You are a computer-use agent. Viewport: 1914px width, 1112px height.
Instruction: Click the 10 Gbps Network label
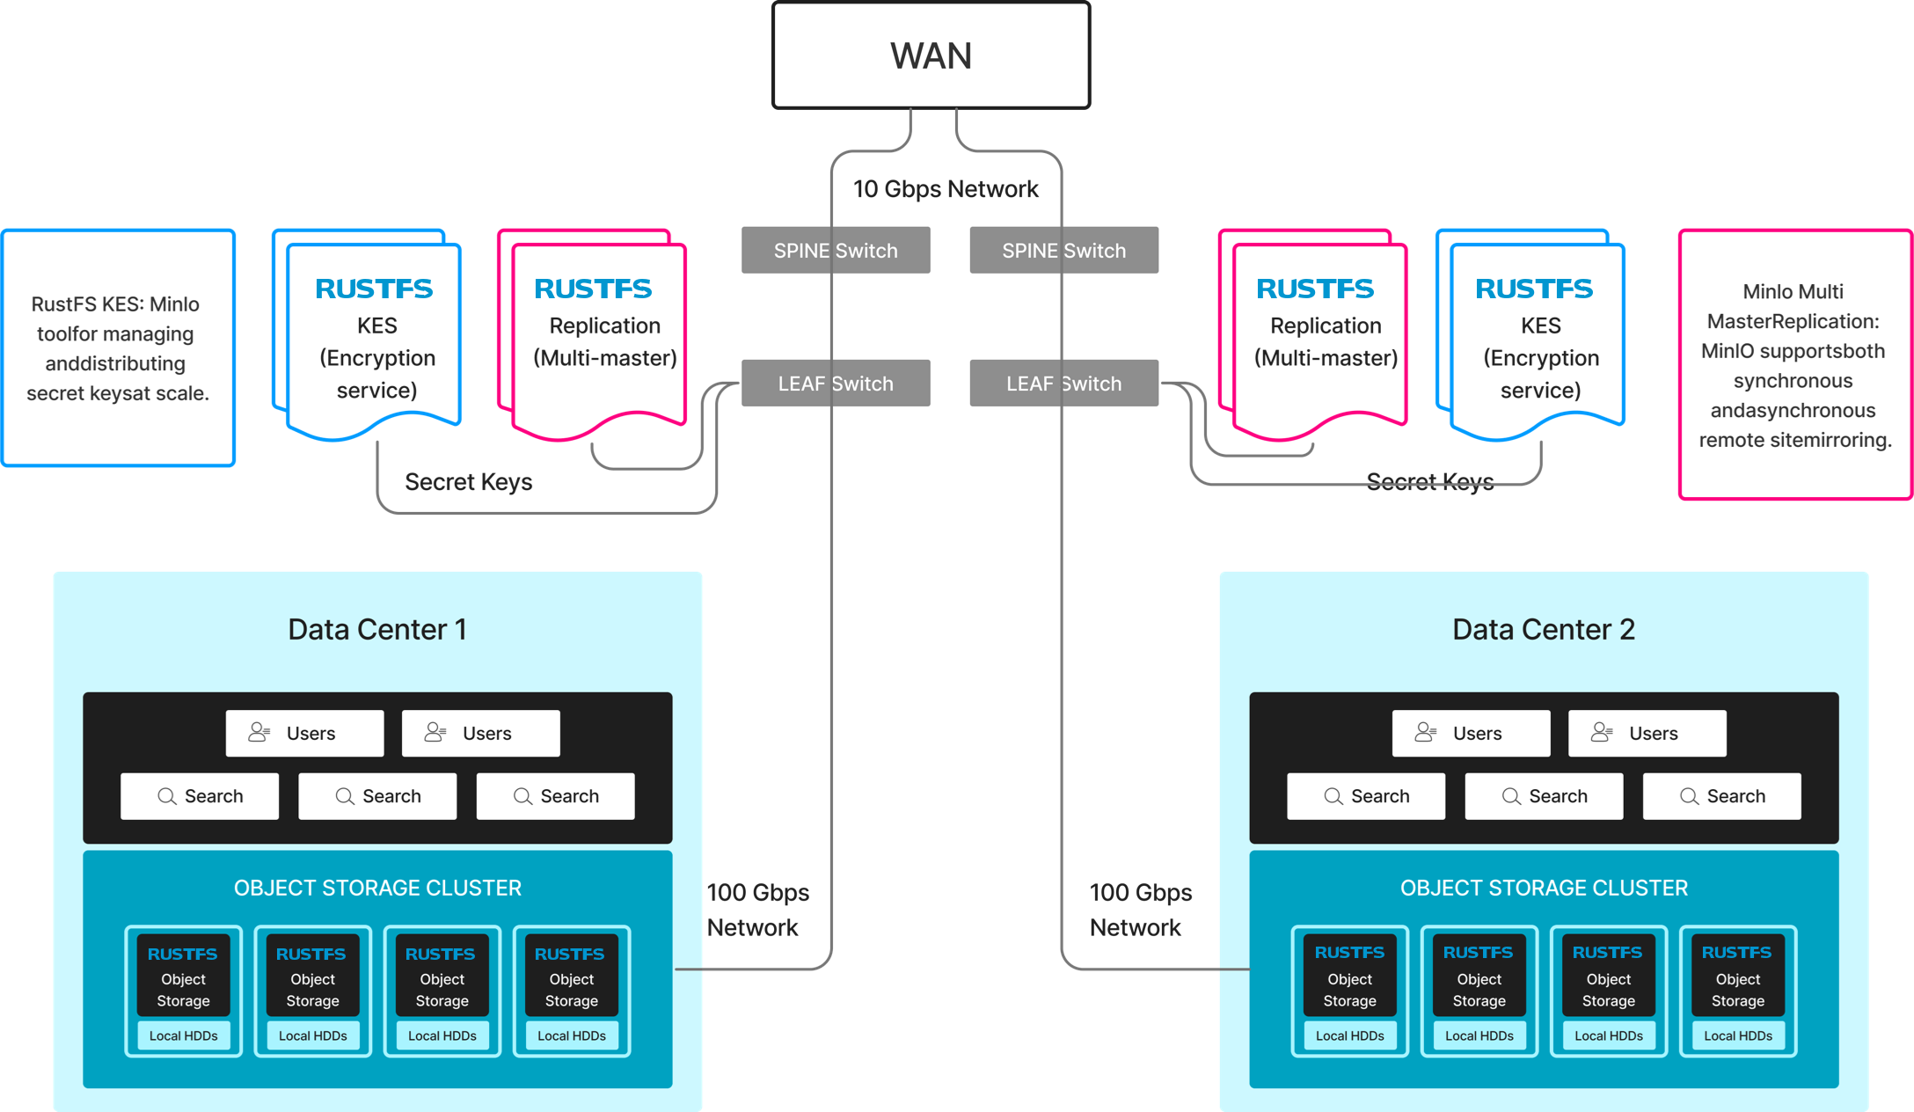coord(946,189)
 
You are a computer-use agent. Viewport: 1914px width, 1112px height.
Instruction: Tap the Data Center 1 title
coord(377,630)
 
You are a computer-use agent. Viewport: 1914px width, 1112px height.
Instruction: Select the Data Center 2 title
coord(1543,630)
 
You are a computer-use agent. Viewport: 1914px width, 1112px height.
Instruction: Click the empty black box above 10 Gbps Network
coord(931,55)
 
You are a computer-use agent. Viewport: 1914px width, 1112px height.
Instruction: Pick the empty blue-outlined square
coord(120,347)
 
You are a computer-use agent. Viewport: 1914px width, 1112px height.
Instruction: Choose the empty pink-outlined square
coord(1794,364)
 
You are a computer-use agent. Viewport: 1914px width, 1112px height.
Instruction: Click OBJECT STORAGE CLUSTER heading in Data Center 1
coord(377,888)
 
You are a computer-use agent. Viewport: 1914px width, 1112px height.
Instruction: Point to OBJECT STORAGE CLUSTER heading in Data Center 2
coord(1544,888)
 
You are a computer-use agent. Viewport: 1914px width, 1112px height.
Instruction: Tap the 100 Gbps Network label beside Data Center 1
coord(757,910)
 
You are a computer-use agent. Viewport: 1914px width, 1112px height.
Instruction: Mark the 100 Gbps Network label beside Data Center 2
coord(1140,910)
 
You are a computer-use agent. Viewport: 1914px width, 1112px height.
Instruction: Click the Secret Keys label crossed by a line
coord(1429,481)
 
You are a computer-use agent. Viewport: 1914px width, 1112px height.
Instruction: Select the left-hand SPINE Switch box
coord(836,251)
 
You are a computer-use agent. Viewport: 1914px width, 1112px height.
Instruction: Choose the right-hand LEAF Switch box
coord(1063,384)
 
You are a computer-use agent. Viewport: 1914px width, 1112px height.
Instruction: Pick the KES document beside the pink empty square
coord(1538,339)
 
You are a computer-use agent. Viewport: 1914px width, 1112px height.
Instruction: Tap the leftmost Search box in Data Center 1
coord(200,796)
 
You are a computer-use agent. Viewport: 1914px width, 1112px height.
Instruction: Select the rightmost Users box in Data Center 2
coord(1647,733)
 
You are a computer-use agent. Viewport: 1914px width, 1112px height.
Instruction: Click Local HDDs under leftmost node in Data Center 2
coord(1349,1035)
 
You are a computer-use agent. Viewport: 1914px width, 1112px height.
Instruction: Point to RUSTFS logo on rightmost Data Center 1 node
coord(569,955)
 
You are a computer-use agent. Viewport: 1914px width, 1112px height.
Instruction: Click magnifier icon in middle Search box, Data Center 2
coord(1511,796)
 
